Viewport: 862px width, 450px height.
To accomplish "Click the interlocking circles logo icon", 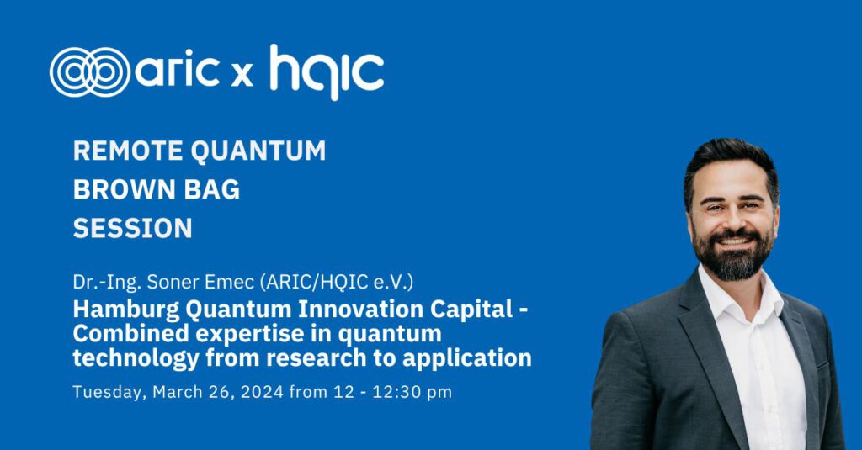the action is click(x=90, y=72).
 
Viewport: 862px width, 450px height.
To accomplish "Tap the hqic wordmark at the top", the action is click(x=327, y=72).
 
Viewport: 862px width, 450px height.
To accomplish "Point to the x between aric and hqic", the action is click(x=242, y=75).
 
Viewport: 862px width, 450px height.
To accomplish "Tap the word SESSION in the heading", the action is click(x=132, y=228).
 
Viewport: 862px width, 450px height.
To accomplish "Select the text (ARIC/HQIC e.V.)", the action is click(x=337, y=282).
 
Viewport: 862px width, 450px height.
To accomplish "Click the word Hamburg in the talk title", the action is click(x=126, y=310).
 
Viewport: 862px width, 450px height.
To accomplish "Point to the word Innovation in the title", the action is click(x=360, y=310).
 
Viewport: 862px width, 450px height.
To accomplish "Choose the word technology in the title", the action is click(x=136, y=359).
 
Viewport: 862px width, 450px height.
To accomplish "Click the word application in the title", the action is click(x=466, y=359).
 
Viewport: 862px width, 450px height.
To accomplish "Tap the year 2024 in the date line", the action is click(x=263, y=392).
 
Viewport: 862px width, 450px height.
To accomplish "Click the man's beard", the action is click(x=732, y=253).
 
